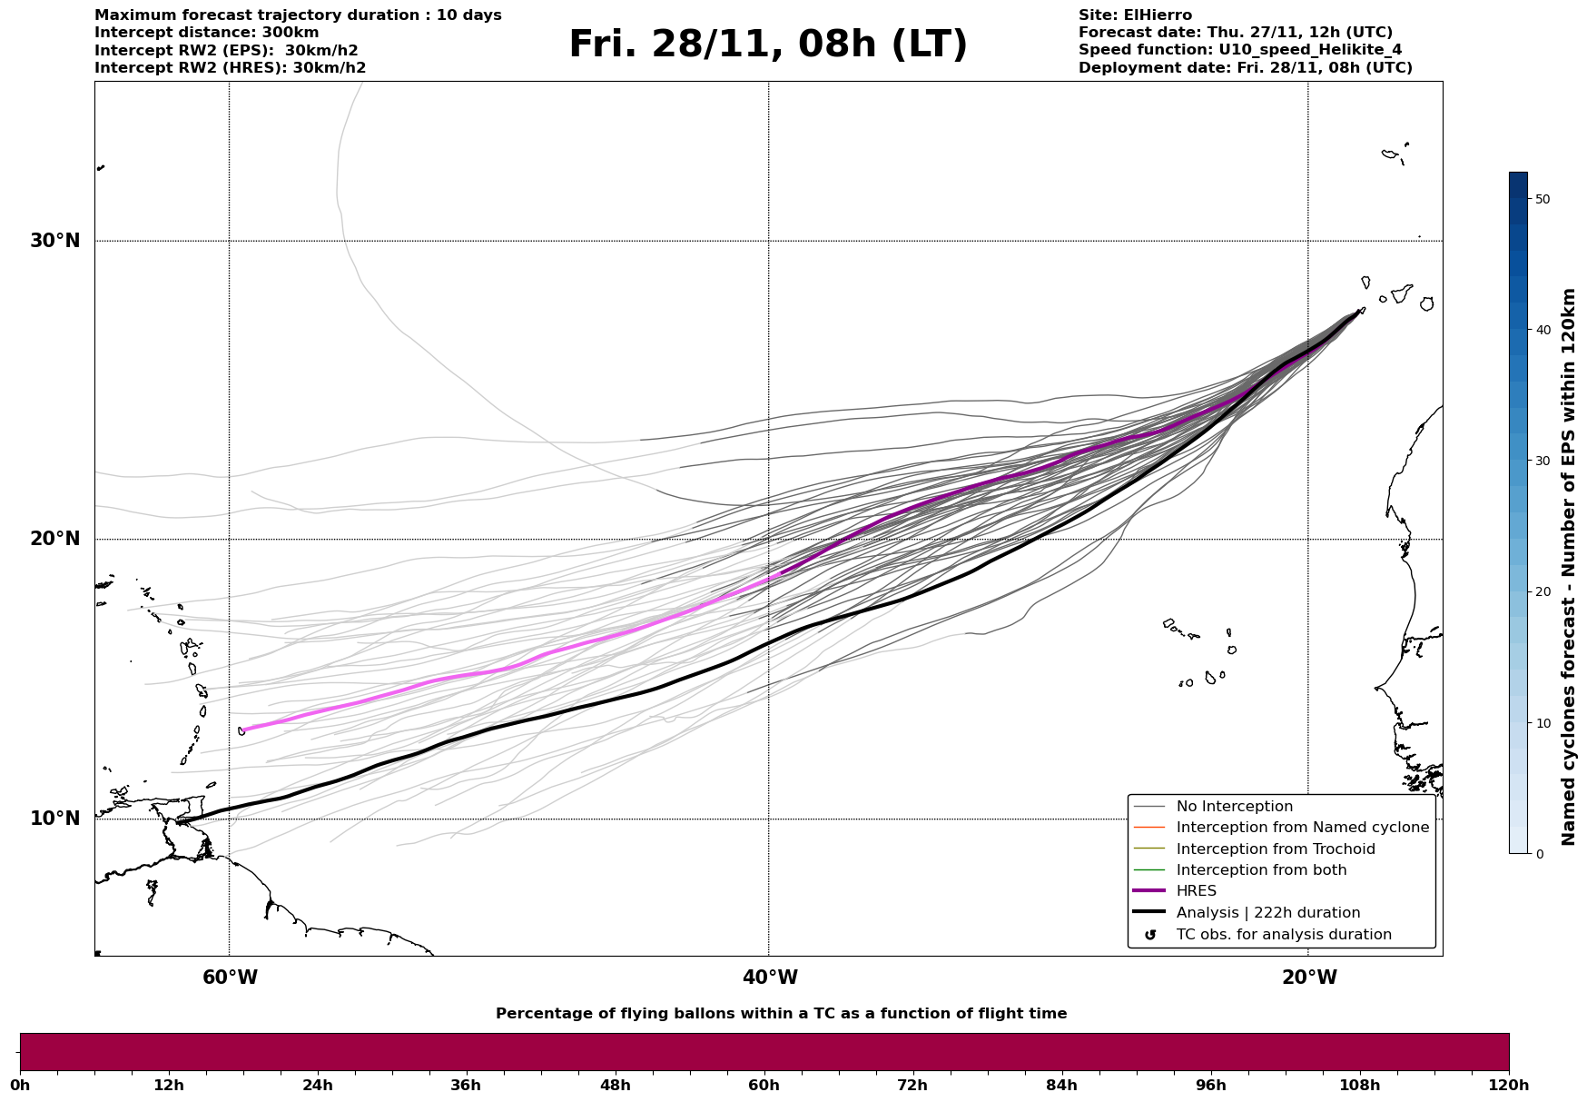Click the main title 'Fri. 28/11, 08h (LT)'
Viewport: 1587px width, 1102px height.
[x=768, y=45]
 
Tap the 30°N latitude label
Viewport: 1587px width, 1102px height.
[x=54, y=241]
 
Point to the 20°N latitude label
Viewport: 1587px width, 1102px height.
[x=54, y=539]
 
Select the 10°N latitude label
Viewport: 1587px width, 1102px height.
[x=54, y=819]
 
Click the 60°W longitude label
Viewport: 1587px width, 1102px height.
[x=230, y=978]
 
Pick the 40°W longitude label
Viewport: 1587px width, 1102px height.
[x=770, y=978]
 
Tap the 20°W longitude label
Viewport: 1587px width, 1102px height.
[x=1309, y=978]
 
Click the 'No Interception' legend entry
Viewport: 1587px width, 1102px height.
[x=1234, y=807]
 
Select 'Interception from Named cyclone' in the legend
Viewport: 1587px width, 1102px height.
[x=1302, y=828]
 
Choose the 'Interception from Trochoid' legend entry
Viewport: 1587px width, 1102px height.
[x=1275, y=849]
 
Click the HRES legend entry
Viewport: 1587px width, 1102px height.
[x=1196, y=891]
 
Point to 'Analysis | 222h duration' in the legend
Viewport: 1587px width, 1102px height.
[x=1267, y=913]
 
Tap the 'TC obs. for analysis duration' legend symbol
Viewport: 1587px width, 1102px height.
[x=1150, y=935]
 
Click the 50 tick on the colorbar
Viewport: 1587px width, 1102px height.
[x=1542, y=199]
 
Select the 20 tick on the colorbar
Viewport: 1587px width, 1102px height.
[x=1542, y=591]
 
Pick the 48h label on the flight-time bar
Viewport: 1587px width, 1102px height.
[x=615, y=1085]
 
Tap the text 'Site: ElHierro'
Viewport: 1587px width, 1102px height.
[x=1135, y=15]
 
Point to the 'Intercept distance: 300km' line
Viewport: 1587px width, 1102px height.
[x=207, y=33]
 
